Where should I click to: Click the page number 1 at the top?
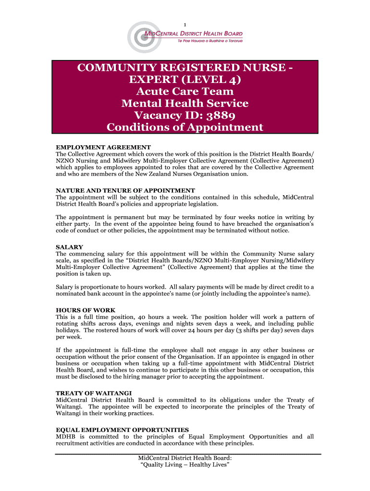click(185, 25)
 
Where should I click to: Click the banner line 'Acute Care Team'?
click(185, 91)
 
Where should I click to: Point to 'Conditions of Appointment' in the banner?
click(185, 127)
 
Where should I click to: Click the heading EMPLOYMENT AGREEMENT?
click(103, 147)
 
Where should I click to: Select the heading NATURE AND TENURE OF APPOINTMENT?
click(125, 190)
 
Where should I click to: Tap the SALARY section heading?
click(70, 247)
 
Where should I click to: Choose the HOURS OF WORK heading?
click(86, 310)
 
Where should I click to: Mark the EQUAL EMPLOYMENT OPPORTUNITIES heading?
click(122, 430)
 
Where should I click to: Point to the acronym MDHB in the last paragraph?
click(67, 437)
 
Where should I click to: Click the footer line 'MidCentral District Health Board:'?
click(185, 457)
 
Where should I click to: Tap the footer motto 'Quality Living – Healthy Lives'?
click(185, 465)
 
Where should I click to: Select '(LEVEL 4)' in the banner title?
click(214, 79)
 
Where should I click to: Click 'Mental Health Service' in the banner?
click(185, 103)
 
